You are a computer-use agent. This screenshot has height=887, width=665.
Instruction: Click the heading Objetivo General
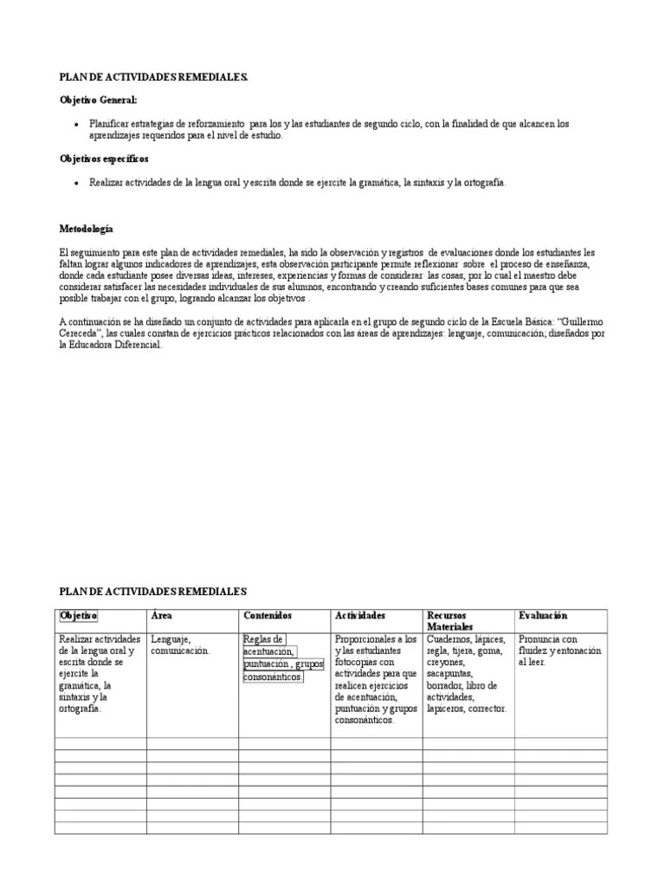click(98, 101)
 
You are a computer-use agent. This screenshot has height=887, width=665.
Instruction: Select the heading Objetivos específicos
click(103, 159)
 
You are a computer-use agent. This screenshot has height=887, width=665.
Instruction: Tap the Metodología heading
click(86, 230)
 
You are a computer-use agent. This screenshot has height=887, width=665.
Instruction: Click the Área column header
click(160, 615)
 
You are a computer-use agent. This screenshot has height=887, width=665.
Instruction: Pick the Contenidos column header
click(268, 615)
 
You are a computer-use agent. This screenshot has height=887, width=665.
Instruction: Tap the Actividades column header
click(360, 615)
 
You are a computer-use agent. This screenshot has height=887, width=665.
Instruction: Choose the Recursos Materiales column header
click(450, 620)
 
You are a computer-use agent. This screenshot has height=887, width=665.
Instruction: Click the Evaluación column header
click(543, 615)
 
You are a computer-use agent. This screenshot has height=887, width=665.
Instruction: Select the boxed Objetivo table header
click(78, 615)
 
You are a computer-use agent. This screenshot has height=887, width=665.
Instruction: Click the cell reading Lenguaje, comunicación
click(180, 645)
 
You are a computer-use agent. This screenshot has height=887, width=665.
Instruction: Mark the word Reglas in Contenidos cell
click(261, 639)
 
